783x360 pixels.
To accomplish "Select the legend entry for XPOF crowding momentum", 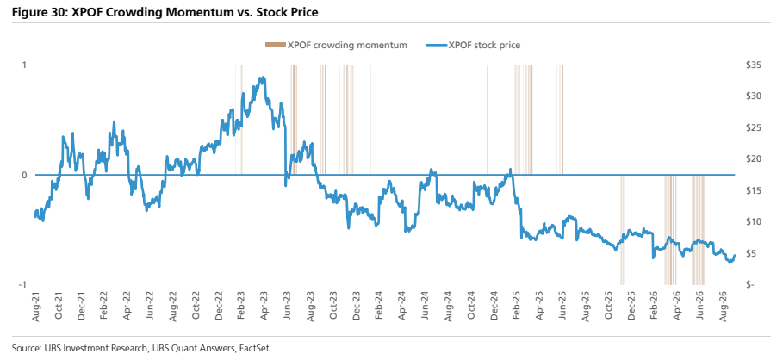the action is coord(336,46).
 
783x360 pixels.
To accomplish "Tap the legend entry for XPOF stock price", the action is coord(472,46).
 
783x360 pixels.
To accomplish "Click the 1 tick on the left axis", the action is coord(23,65).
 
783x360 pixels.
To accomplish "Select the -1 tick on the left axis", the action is coord(22,284).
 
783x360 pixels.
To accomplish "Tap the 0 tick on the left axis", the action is coord(23,175).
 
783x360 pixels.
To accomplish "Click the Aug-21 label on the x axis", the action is coord(36,305).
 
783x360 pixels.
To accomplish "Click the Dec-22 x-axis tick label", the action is coord(219,305).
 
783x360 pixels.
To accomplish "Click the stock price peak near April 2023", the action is coord(263,78).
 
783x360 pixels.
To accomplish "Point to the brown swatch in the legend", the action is coord(275,46).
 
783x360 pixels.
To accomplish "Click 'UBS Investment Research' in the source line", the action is coord(76,348).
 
